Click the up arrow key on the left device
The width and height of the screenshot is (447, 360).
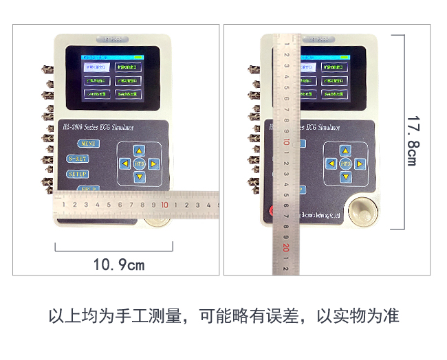click(140, 150)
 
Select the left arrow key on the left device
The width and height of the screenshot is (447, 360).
click(124, 164)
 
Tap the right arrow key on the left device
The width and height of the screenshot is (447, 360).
click(154, 164)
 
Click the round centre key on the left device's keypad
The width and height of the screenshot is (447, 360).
click(139, 164)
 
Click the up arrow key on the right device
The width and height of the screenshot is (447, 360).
click(346, 150)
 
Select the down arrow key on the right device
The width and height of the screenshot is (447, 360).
click(346, 177)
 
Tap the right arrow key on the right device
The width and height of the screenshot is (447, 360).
click(360, 164)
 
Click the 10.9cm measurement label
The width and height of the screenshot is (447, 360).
click(119, 264)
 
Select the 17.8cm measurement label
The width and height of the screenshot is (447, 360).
click(411, 140)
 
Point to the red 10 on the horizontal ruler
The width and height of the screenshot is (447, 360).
click(165, 204)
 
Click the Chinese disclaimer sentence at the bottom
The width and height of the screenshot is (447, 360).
click(223, 317)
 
